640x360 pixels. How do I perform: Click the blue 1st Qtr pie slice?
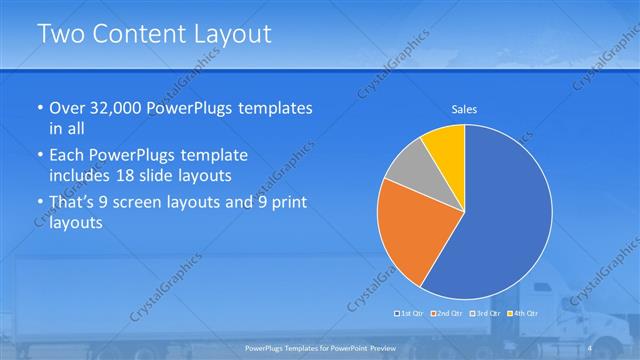tap(500, 220)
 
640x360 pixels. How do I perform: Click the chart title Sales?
tap(464, 108)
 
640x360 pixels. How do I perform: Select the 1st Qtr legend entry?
tap(413, 314)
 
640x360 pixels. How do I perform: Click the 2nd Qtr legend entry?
tap(447, 314)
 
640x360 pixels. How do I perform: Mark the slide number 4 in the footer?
tap(590, 347)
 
